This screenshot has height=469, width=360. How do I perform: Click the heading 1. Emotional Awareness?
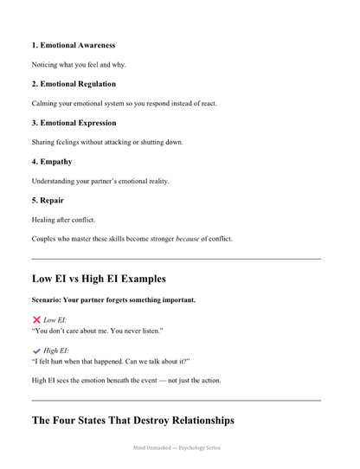(x=73, y=45)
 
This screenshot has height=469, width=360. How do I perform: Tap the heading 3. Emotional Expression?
(x=74, y=123)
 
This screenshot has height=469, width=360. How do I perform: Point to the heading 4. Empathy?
(x=52, y=161)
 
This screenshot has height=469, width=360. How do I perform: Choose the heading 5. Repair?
(x=48, y=200)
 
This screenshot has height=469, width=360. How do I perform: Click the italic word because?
(x=188, y=239)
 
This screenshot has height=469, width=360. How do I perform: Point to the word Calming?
(x=46, y=104)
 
